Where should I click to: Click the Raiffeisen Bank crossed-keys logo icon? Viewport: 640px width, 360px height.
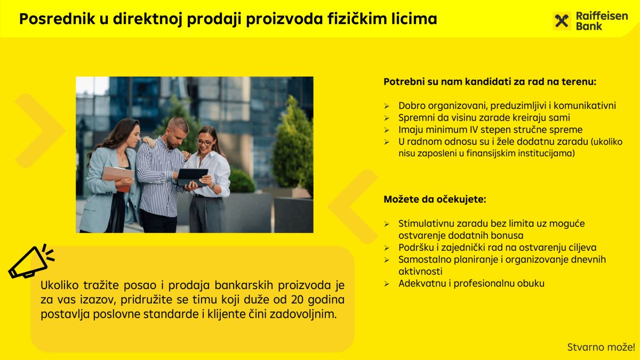(562, 21)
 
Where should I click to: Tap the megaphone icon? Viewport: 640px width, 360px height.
(31, 262)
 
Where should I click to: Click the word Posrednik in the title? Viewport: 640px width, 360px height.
(57, 19)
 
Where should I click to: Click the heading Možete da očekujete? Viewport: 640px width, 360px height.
(435, 199)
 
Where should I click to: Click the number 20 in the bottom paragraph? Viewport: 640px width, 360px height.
(298, 299)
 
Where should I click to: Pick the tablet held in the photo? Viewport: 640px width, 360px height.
(193, 178)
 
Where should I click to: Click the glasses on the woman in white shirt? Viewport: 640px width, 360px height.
(205, 142)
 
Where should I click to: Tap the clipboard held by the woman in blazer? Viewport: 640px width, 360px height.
(118, 173)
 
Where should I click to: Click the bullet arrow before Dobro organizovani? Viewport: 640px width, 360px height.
(387, 106)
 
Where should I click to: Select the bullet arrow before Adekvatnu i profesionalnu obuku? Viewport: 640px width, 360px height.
(387, 284)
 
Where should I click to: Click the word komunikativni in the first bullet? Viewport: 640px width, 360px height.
(585, 106)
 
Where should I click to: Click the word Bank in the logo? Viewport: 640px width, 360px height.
(589, 26)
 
